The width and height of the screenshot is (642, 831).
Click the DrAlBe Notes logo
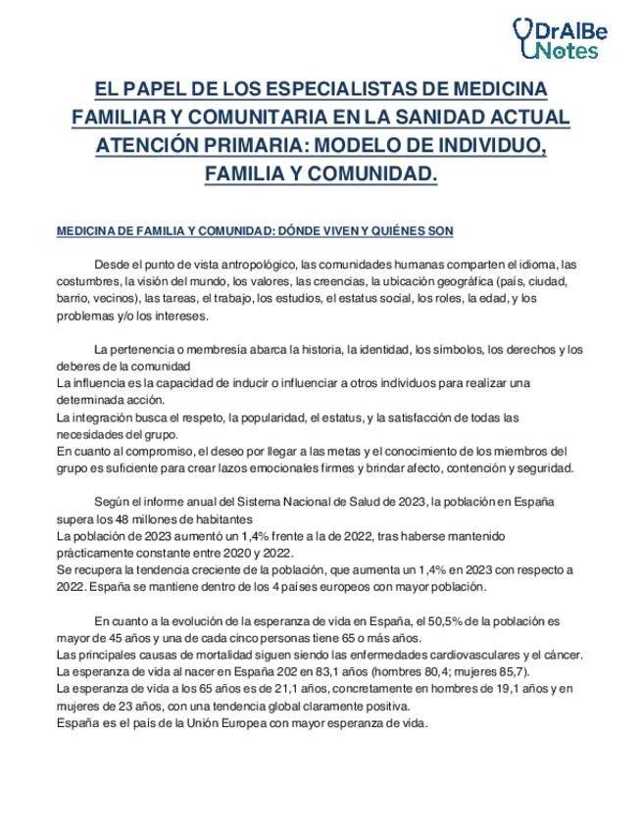tap(561, 38)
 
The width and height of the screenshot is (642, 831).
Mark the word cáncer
tap(563, 655)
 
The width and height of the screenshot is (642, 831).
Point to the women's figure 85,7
tap(506, 672)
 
